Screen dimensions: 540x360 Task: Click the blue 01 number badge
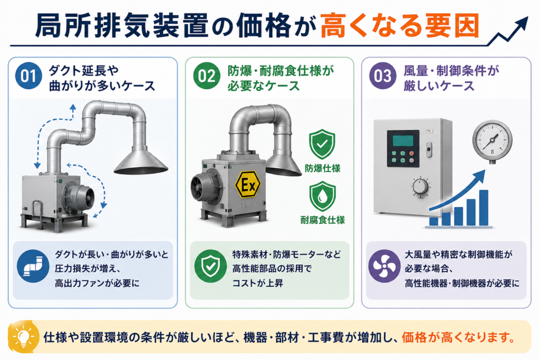click(x=28, y=76)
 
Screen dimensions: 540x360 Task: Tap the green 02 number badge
click(x=206, y=76)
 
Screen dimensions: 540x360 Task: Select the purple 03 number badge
click(x=383, y=76)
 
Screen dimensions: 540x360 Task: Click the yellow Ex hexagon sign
click(x=248, y=185)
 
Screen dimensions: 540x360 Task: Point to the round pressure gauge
click(x=492, y=141)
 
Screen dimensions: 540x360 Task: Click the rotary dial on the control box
click(x=420, y=187)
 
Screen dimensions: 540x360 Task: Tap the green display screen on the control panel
click(x=403, y=140)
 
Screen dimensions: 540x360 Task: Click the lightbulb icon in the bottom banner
click(x=23, y=337)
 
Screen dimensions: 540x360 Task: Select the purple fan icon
click(x=383, y=266)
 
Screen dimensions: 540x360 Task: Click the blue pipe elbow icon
click(x=33, y=266)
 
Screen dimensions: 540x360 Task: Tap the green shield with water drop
click(x=322, y=196)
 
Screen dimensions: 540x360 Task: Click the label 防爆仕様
click(x=322, y=168)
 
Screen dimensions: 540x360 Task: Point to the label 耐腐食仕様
click(x=322, y=220)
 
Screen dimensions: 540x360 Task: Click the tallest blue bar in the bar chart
click(x=484, y=208)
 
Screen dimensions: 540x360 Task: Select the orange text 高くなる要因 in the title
click(x=400, y=25)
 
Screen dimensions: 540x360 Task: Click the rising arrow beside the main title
click(x=508, y=31)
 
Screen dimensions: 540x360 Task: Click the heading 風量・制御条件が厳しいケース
click(x=451, y=78)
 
